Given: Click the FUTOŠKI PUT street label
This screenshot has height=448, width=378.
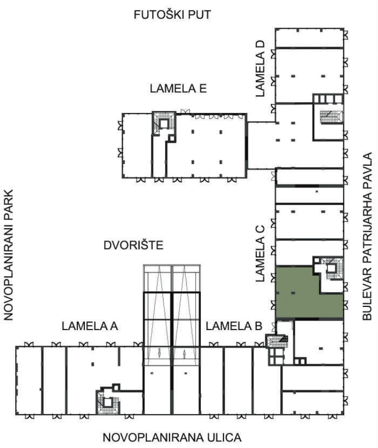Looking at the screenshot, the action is (172, 15).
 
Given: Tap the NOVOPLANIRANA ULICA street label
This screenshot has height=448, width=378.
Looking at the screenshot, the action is (172, 437).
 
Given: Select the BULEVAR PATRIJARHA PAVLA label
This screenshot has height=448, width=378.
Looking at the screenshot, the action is (367, 236).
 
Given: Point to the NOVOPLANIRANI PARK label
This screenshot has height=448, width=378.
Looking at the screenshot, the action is (9, 254).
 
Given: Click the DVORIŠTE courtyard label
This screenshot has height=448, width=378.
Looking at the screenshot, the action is (133, 245).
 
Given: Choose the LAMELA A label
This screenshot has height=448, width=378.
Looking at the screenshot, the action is (90, 326).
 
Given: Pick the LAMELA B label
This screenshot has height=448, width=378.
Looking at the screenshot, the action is (234, 326).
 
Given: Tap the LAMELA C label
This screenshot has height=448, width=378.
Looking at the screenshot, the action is (260, 253).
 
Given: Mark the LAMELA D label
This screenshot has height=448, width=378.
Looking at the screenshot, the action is (260, 69).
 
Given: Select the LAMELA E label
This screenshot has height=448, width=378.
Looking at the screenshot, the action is (178, 89).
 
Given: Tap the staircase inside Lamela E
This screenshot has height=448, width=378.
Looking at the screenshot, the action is (164, 123).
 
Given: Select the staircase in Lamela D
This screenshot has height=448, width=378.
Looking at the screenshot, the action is (331, 116).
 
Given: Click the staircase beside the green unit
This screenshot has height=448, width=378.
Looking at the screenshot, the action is (332, 268).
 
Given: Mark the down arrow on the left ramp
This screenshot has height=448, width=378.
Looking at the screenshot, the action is (159, 353).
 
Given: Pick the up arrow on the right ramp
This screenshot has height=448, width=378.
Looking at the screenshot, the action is (185, 353).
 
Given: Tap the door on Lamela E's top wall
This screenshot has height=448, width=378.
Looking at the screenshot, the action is (185, 111).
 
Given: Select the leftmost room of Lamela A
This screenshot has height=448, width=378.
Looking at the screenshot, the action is (29, 380).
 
